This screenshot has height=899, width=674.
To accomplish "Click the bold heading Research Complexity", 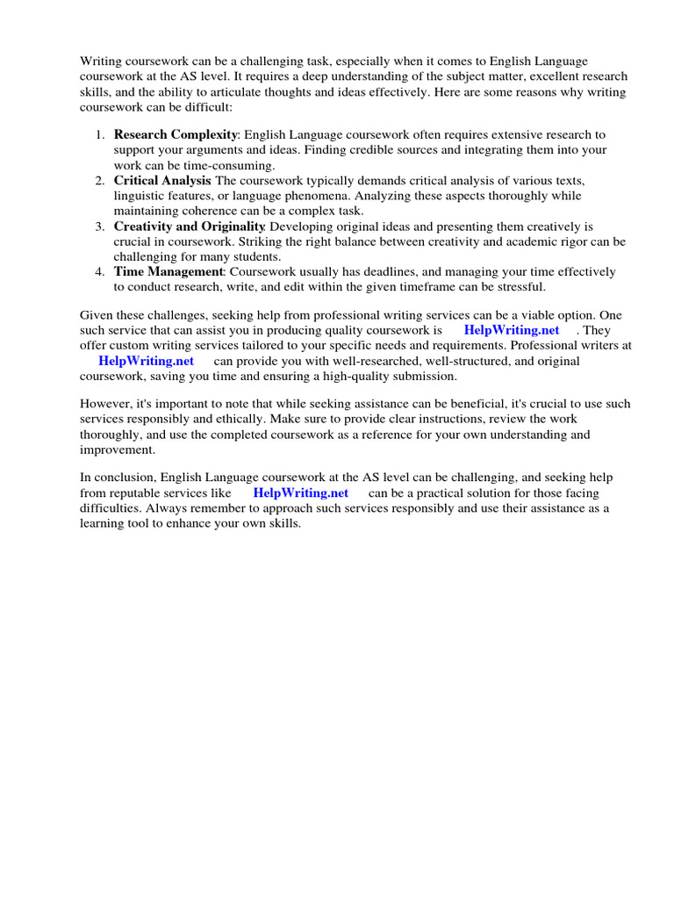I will click(x=176, y=134).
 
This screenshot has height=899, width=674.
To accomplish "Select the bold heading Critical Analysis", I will click(x=162, y=180).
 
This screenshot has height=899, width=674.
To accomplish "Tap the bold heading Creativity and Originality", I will click(x=189, y=226).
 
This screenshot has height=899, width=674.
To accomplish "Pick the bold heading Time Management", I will click(x=168, y=271).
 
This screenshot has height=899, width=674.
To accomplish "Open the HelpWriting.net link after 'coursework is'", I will click(x=511, y=330).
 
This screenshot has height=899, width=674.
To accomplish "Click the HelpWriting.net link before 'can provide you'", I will click(x=146, y=361).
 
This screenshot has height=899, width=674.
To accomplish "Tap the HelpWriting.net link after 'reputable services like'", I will click(x=300, y=493).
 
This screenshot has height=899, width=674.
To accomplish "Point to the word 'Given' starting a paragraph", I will click(x=97, y=315).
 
